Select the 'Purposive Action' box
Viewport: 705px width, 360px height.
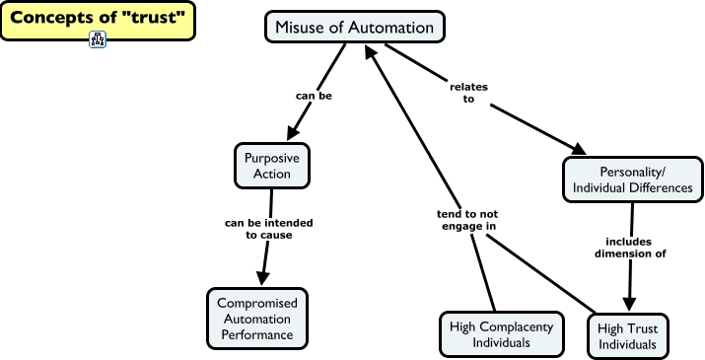(272, 165)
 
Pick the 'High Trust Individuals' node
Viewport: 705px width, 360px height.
(628, 335)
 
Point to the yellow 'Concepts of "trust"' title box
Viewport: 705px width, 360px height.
(98, 20)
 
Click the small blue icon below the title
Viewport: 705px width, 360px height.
(98, 40)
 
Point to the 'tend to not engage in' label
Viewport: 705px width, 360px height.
(467, 219)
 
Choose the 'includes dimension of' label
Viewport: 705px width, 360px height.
(628, 247)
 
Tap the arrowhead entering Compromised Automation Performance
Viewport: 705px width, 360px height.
(262, 278)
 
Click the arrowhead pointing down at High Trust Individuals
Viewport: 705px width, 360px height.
(627, 304)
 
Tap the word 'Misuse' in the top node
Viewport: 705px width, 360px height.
(302, 27)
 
